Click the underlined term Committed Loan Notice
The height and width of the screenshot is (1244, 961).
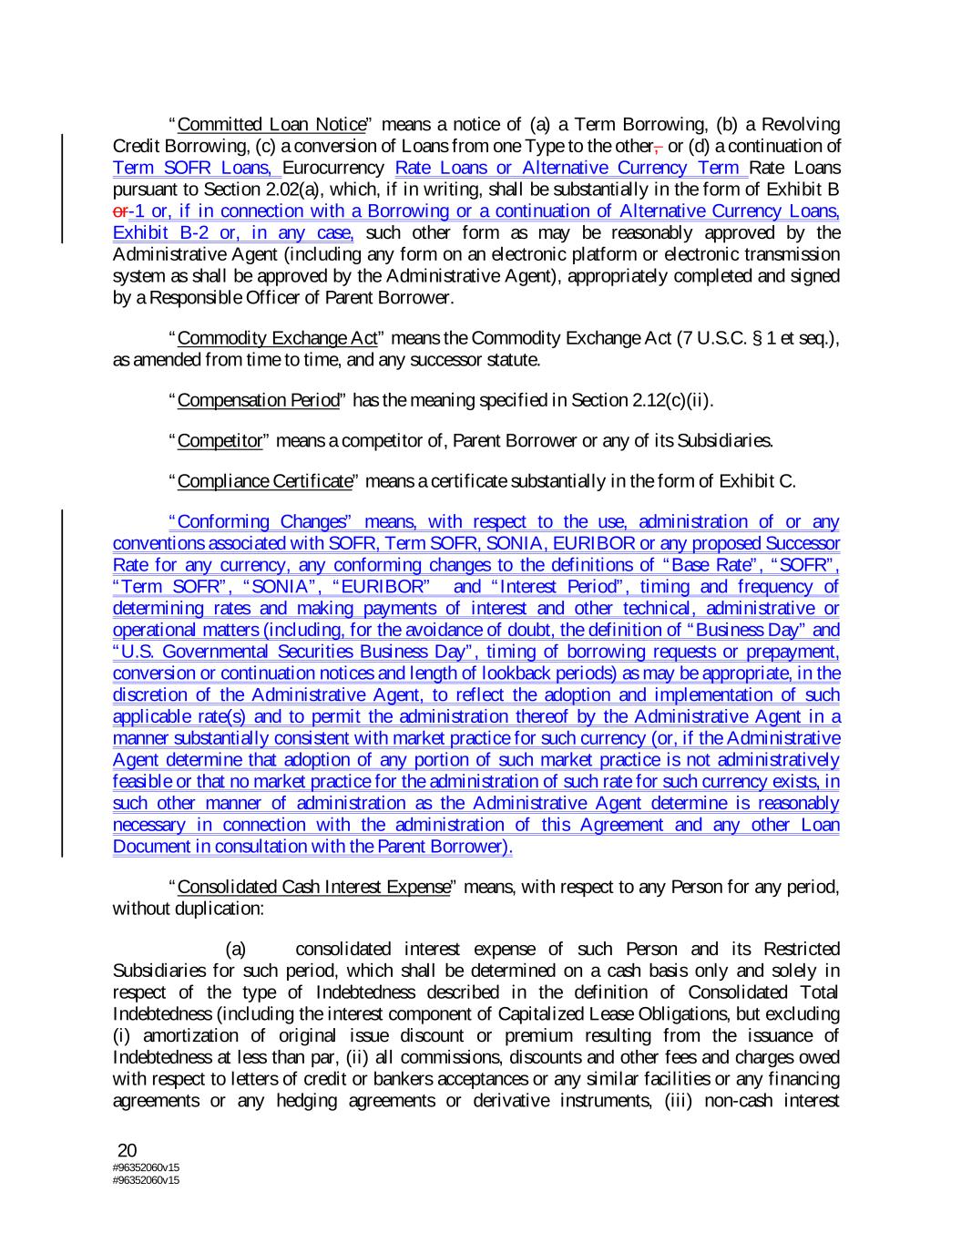pyautogui.click(x=271, y=124)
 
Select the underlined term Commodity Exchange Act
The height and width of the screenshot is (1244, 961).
pyautogui.click(x=277, y=339)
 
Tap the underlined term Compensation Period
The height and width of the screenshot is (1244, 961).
pyautogui.click(x=258, y=400)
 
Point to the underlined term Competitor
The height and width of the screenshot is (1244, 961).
pyautogui.click(x=220, y=441)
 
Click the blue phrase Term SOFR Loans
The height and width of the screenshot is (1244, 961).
pyautogui.click(x=194, y=168)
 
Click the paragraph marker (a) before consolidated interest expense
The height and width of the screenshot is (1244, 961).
pyautogui.click(x=235, y=949)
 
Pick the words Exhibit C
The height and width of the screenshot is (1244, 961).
pyautogui.click(x=758, y=481)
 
